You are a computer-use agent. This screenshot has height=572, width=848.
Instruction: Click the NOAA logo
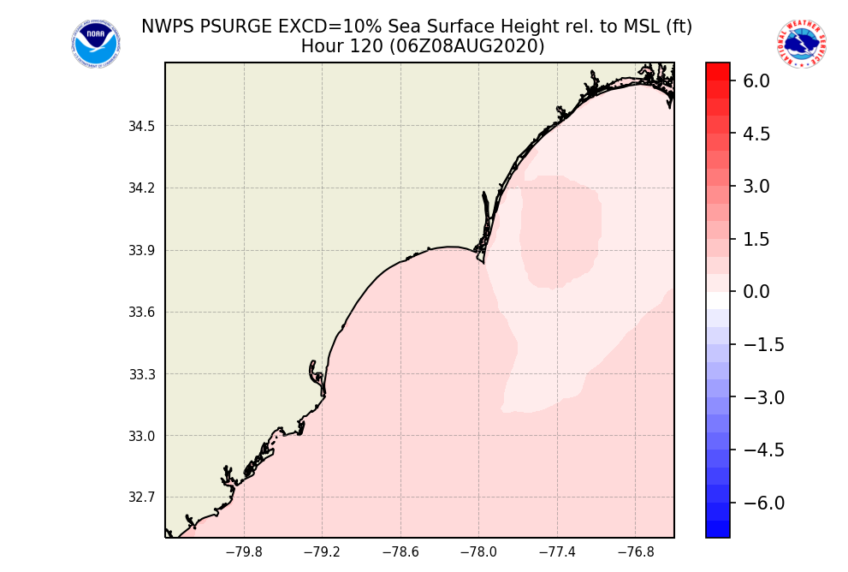click(96, 44)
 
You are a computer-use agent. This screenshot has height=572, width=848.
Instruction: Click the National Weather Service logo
click(802, 44)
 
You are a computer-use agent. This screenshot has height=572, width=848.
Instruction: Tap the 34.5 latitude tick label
click(142, 127)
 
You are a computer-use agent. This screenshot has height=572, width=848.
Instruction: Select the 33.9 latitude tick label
click(142, 251)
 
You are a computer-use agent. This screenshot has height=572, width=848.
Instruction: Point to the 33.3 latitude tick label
click(142, 374)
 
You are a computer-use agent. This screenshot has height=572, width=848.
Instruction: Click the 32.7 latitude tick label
click(142, 498)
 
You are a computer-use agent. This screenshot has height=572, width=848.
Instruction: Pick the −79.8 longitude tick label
click(243, 552)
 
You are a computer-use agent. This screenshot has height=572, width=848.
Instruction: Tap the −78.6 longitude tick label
click(400, 552)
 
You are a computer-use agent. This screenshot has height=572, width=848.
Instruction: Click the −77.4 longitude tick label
click(557, 552)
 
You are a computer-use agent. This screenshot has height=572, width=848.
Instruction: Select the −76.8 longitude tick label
click(635, 552)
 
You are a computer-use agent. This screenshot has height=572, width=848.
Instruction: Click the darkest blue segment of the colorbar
click(718, 529)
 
